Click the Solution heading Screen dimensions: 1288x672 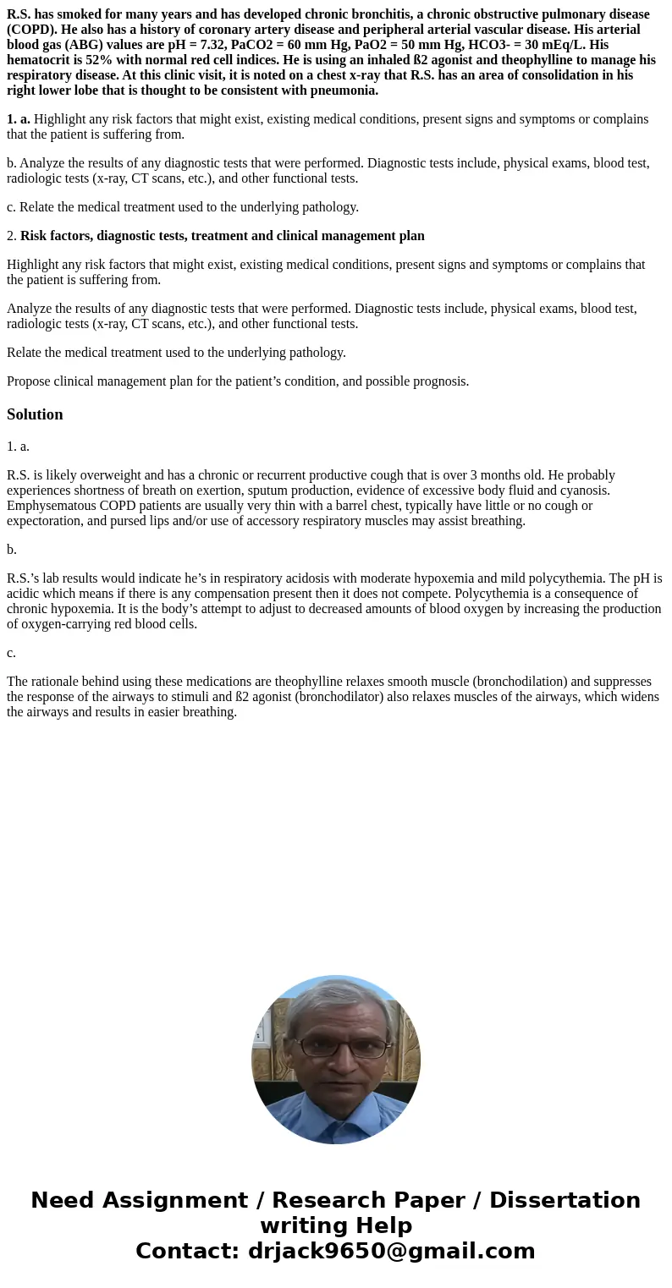tap(35, 414)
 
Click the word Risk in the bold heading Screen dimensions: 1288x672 tap(35, 236)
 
